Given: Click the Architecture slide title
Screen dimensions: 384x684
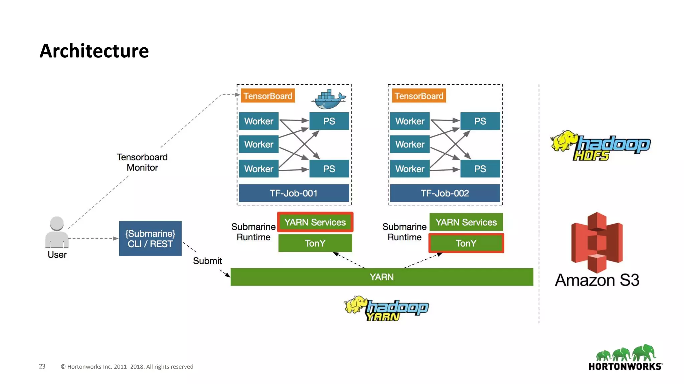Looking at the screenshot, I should [94, 51].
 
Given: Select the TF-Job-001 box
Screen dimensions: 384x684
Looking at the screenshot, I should [294, 193].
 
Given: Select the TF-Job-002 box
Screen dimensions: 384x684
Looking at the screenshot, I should [445, 193].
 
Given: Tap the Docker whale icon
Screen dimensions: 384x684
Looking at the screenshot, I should [328, 99].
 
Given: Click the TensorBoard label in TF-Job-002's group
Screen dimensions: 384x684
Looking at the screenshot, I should [418, 96].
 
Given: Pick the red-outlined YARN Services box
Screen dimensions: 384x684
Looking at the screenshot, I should [315, 222].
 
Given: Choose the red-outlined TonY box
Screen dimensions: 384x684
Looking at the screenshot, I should [466, 243].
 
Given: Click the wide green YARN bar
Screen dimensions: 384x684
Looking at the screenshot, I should [381, 277].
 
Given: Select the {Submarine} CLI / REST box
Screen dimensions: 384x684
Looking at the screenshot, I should [150, 239].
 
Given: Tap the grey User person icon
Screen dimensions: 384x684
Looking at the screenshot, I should [57, 232].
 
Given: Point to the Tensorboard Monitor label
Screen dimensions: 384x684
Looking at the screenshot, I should [142, 162].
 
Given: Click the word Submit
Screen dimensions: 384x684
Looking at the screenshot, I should [207, 261].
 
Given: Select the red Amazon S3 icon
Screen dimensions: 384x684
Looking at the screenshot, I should [597, 242].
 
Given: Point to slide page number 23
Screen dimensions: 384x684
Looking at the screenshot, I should [42, 366].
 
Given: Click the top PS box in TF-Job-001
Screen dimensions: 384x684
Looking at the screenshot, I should [329, 121].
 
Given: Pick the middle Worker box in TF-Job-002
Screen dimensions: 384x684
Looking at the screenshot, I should [409, 144].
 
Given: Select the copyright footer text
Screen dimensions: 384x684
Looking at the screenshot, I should [127, 367].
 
